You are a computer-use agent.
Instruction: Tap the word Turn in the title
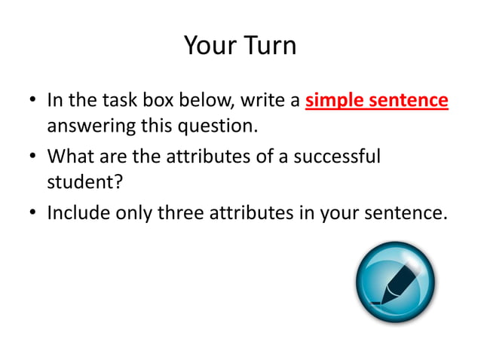268,46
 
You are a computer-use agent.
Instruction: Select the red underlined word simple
335,100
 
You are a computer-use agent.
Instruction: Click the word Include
78,213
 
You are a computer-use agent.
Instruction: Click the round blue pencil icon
395,282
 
